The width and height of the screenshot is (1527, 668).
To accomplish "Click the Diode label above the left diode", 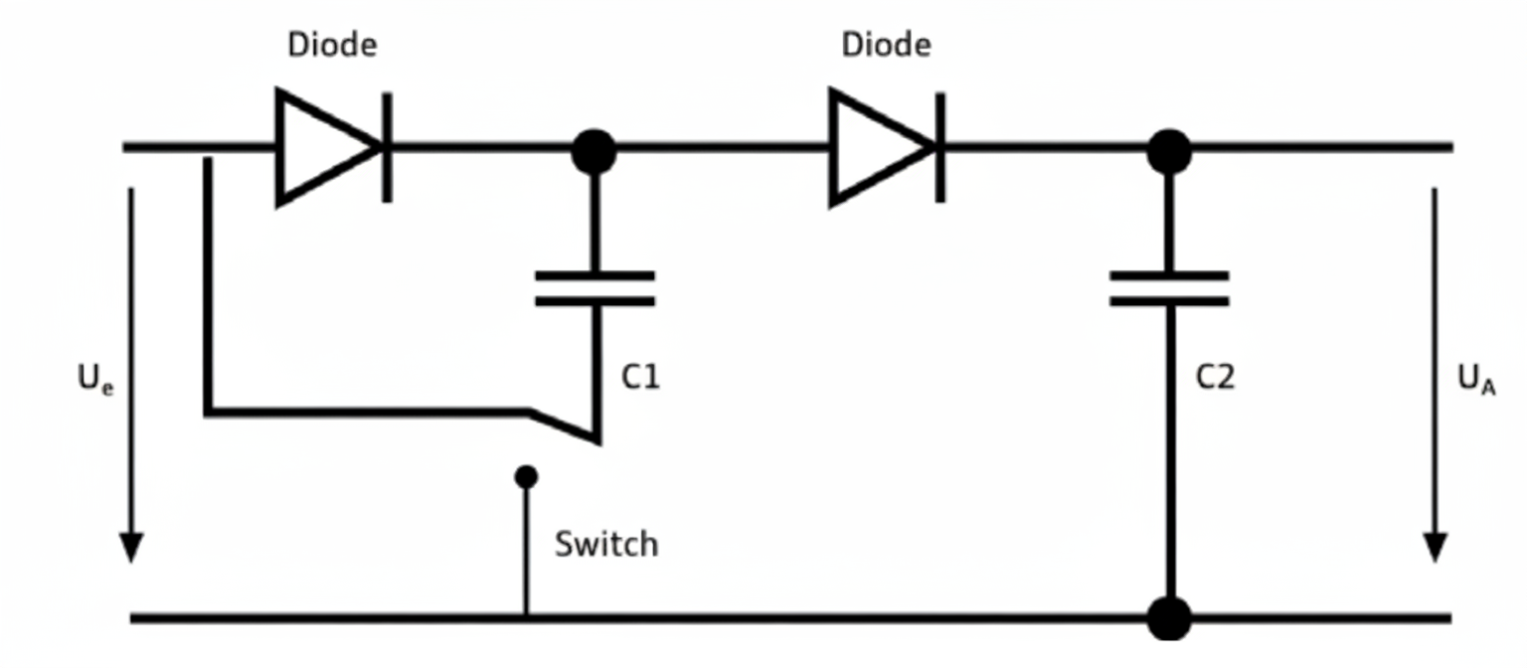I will click(x=332, y=45).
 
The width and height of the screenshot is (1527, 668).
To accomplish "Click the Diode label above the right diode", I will click(x=886, y=45).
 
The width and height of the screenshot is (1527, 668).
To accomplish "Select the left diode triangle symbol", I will click(x=323, y=147).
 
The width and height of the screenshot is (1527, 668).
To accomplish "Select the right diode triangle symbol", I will click(x=877, y=147).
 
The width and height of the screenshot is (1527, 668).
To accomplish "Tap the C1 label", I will click(x=639, y=378).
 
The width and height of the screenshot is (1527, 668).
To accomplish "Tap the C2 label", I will click(x=1214, y=378).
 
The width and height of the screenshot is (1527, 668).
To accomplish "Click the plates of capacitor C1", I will click(x=594, y=288).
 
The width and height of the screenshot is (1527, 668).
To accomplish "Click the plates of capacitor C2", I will click(x=1169, y=288).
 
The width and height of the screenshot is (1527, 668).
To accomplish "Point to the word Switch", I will click(x=606, y=544).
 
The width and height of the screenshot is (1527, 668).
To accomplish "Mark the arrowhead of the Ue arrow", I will click(x=131, y=547).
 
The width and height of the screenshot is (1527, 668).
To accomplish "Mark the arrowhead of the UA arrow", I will click(x=1434, y=547).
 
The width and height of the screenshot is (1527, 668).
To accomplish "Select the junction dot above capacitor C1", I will click(x=594, y=151).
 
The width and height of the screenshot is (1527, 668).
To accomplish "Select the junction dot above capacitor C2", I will click(x=1169, y=151).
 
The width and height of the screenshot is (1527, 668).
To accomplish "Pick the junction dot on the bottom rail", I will click(x=1169, y=618).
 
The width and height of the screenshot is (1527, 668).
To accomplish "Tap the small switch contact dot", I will click(x=526, y=477).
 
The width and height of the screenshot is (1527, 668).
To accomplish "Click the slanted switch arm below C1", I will click(x=564, y=424).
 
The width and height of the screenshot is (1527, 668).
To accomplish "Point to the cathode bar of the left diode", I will click(x=387, y=147).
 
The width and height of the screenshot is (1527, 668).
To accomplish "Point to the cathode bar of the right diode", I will click(x=940, y=147).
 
